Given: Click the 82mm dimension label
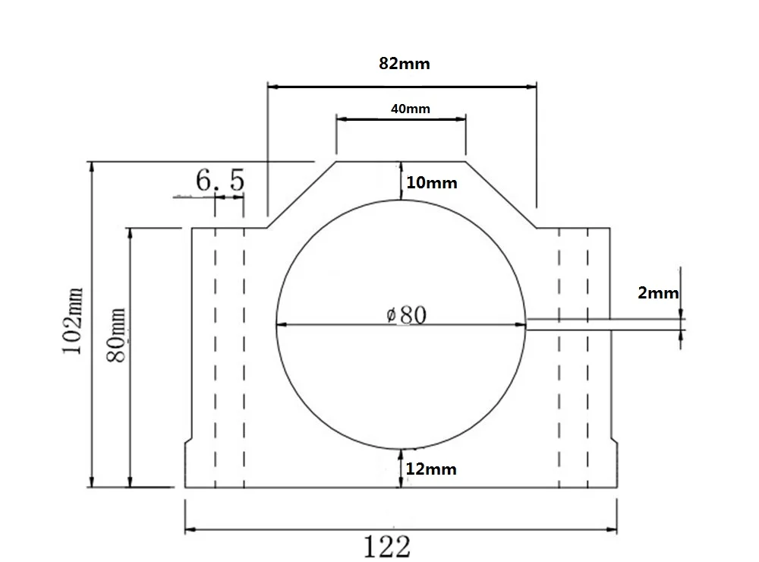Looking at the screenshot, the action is [x=405, y=64].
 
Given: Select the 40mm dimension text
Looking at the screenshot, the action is [x=411, y=109].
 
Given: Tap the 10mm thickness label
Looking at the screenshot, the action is [x=432, y=182].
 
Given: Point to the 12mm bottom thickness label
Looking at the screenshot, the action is [x=431, y=469].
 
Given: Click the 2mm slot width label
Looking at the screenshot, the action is [x=658, y=292].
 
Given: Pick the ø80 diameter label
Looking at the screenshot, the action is [x=407, y=315].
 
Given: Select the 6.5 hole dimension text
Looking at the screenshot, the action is [x=220, y=180].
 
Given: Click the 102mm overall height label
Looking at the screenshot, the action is [x=73, y=320].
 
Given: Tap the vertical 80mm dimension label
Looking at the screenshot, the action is [x=116, y=335].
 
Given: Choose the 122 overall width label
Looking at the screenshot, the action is [x=387, y=546].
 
